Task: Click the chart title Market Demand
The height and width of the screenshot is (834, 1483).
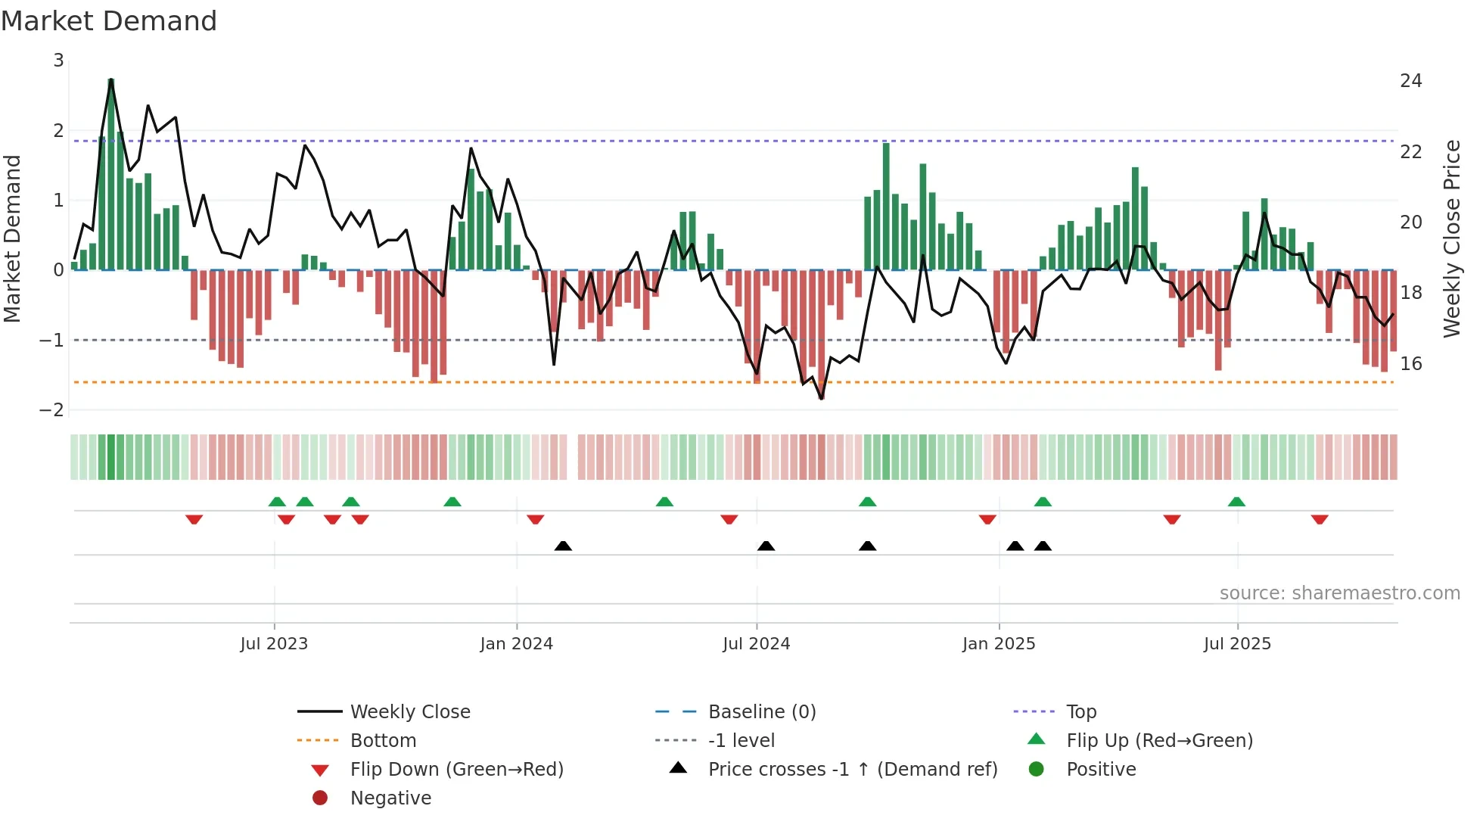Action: coord(109,21)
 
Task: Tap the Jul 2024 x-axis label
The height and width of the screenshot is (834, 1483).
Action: coord(756,644)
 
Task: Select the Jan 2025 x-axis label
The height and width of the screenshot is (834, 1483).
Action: coord(999,644)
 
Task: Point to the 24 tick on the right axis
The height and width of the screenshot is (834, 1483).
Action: coord(1411,81)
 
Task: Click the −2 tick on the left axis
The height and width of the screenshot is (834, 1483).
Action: coord(52,410)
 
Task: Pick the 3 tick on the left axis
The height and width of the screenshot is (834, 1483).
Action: coord(58,61)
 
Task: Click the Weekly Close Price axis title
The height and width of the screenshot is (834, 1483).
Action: coord(1451,238)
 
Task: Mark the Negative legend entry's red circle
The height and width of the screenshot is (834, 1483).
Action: coord(320,798)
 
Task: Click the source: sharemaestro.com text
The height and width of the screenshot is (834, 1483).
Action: coord(1339,593)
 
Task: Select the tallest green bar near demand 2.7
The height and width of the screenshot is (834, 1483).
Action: coord(111,174)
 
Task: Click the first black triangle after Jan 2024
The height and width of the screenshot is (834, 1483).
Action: coord(563,546)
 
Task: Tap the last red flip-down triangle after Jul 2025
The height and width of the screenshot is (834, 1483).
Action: coord(1320,519)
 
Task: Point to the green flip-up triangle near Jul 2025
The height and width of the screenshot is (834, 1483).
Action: coord(1236,502)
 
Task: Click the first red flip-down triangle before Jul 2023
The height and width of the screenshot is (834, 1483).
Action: coord(194,519)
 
